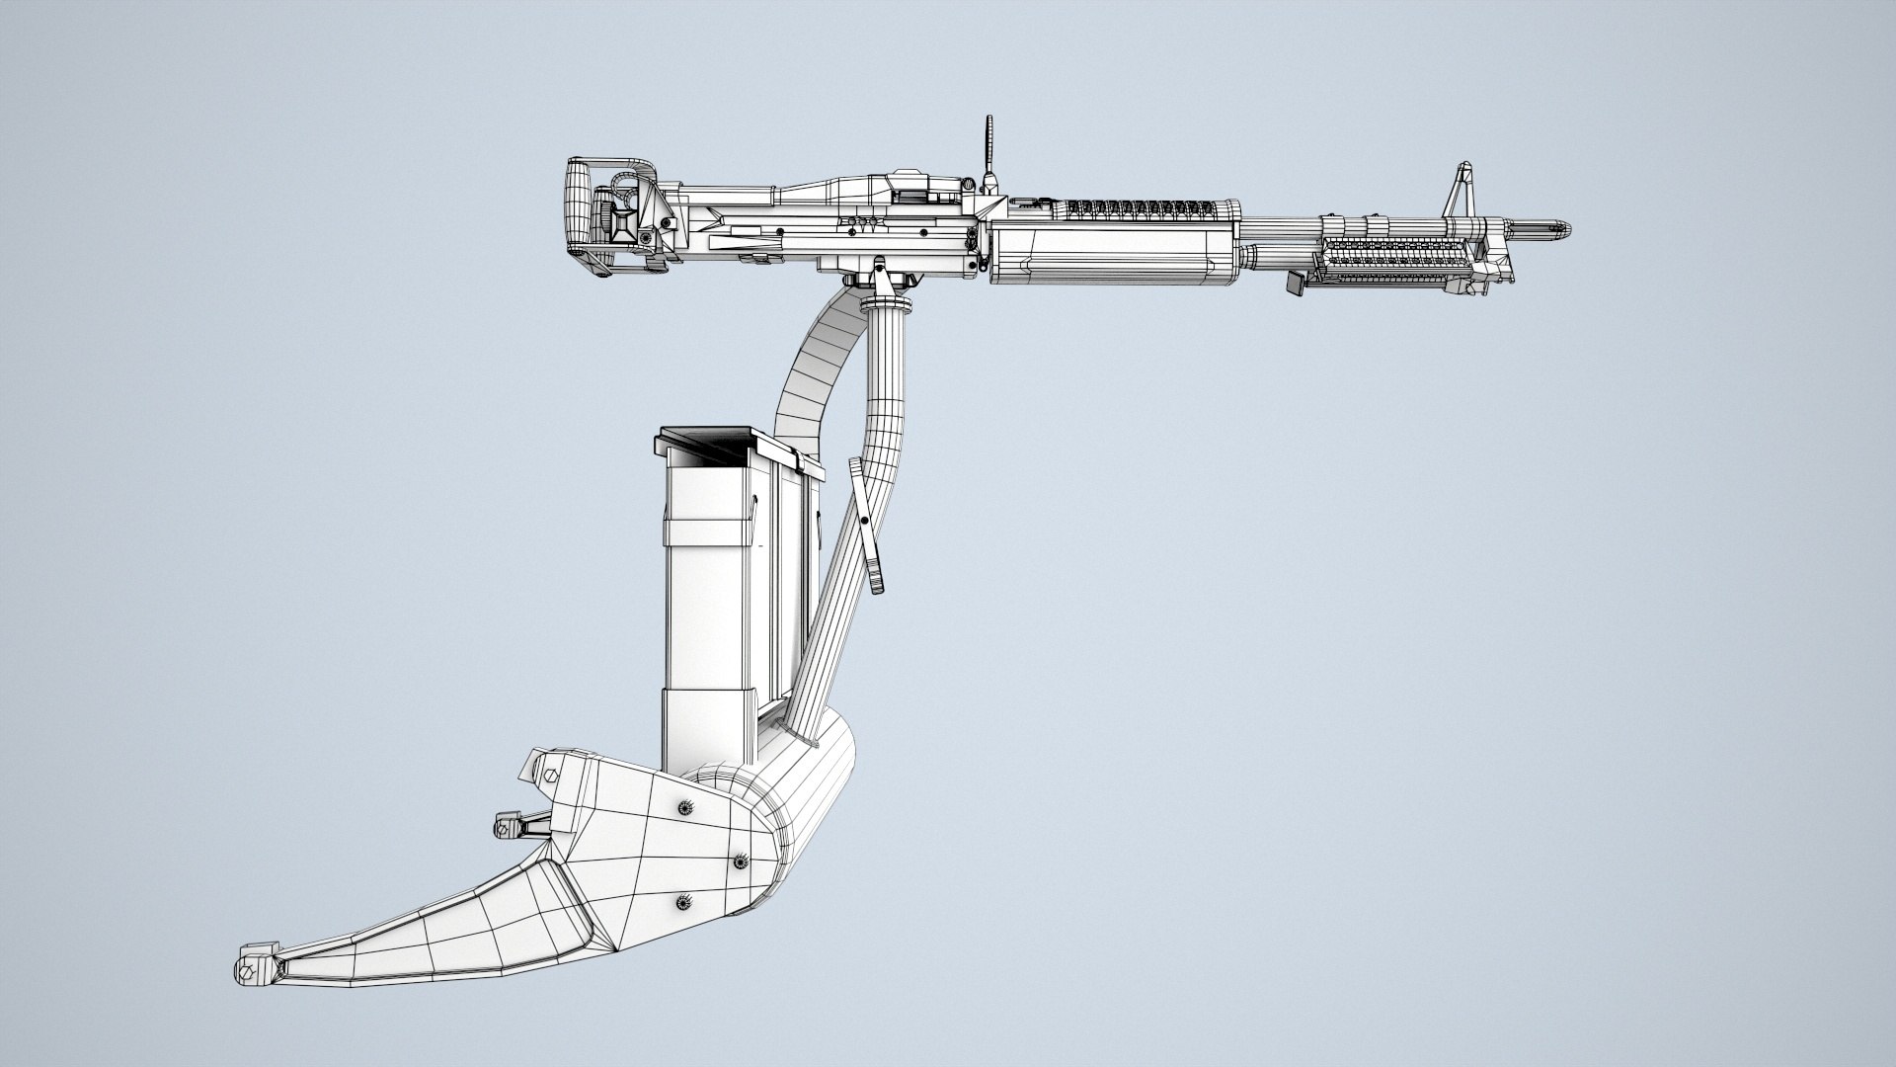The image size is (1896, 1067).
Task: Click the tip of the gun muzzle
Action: click(1567, 231)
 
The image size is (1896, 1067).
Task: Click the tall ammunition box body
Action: click(711, 613)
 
